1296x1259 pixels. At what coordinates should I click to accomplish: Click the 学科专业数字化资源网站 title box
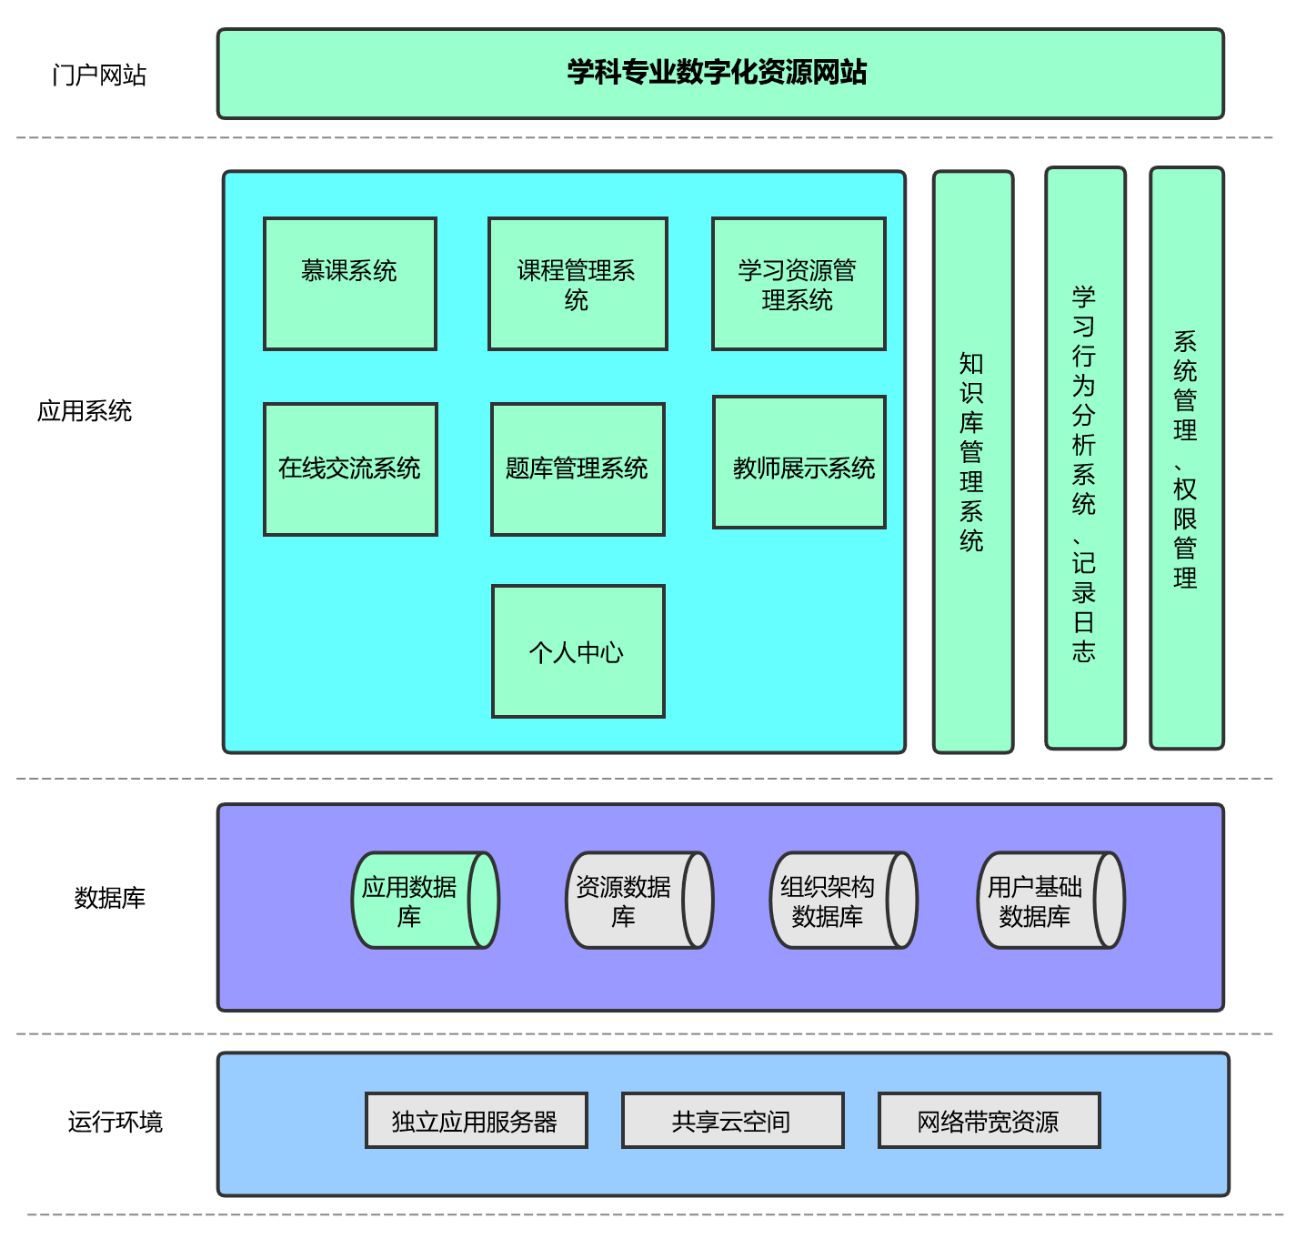coord(719,74)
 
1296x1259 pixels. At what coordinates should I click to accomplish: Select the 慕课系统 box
coord(350,284)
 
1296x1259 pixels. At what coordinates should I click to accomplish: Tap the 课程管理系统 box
coord(578,284)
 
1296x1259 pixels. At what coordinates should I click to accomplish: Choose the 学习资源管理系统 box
coord(799,284)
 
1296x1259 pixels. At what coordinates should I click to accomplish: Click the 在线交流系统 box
coord(350,469)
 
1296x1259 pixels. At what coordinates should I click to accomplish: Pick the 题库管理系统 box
coord(578,469)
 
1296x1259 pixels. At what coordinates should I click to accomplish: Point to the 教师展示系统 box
coord(799,462)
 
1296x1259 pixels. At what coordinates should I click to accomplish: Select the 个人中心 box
coord(578,651)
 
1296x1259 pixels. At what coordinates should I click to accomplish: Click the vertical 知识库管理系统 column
coord(972,462)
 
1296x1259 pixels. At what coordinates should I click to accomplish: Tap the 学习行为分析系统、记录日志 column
coord(1085,458)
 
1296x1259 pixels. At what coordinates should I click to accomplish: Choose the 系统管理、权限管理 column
coord(1186,458)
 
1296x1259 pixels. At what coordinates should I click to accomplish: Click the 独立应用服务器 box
coord(476,1121)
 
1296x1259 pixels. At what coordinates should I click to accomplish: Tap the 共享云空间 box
coord(732,1121)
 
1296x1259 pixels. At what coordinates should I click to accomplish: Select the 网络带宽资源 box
coord(989,1121)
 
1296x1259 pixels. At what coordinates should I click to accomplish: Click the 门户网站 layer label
coord(99,76)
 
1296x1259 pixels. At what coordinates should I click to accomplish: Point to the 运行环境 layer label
coord(116,1122)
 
